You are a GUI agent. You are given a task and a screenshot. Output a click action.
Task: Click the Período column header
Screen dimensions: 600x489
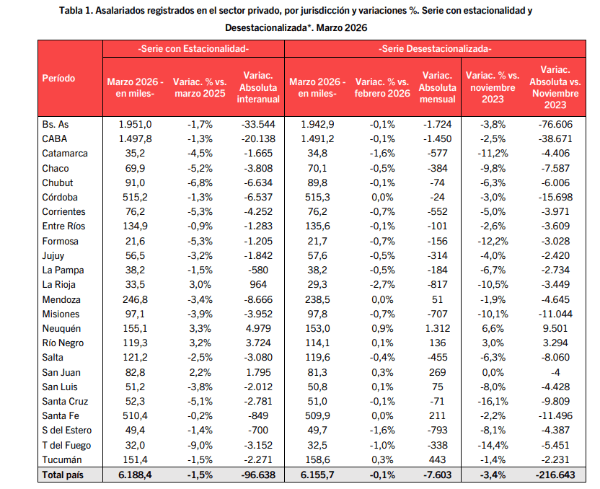(x=58, y=79)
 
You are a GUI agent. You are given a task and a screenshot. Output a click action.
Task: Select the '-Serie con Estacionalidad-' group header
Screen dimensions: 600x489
(x=193, y=49)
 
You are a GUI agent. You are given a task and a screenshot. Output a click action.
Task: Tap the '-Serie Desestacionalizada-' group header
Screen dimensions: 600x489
(x=435, y=49)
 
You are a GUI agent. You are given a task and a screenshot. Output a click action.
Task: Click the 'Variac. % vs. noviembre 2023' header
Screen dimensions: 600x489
(x=493, y=87)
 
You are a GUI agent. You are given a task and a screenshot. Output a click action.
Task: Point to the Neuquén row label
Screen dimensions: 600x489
(x=61, y=329)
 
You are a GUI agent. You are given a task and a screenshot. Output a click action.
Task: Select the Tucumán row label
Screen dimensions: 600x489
(x=62, y=460)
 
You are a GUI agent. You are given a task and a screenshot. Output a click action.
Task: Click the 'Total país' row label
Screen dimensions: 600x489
(x=63, y=475)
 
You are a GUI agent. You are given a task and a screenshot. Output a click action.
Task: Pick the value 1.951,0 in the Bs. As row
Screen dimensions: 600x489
(x=135, y=124)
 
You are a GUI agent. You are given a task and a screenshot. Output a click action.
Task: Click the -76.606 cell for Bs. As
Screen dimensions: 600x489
(x=555, y=124)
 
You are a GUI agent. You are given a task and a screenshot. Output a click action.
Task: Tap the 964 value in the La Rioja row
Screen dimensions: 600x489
(x=258, y=285)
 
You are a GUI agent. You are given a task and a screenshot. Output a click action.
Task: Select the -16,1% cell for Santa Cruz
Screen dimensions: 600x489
(x=493, y=402)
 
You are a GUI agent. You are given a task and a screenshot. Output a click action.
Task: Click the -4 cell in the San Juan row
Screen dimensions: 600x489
(x=555, y=372)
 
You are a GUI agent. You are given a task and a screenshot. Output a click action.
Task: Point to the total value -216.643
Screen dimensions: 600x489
(x=555, y=475)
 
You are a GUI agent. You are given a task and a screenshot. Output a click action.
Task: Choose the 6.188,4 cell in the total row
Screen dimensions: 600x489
(x=135, y=475)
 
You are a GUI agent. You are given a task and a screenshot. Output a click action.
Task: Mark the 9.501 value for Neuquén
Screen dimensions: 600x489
(x=555, y=329)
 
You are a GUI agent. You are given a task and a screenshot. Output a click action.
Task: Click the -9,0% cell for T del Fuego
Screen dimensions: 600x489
(x=200, y=446)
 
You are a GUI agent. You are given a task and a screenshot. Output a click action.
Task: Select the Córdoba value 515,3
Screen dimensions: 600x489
(x=317, y=198)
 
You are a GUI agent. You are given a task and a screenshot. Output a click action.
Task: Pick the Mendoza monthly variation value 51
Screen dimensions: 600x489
(x=437, y=299)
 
